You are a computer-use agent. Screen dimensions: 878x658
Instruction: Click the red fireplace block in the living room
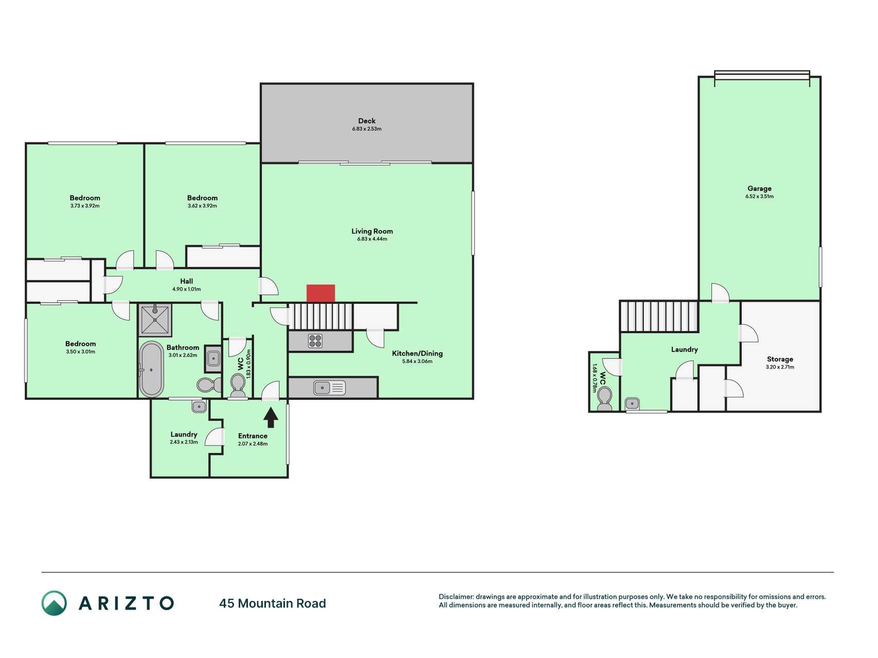tap(320, 293)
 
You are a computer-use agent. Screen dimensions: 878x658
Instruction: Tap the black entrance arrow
tap(271, 417)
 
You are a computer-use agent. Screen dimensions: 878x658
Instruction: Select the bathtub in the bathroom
tap(152, 369)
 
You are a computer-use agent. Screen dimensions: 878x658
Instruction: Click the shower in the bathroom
tap(155, 320)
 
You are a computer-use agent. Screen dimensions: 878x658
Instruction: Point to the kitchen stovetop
tap(315, 341)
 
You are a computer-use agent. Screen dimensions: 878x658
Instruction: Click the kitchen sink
tap(330, 387)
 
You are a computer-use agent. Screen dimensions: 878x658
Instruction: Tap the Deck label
tap(367, 121)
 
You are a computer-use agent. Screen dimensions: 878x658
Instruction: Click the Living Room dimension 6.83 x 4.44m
tap(372, 239)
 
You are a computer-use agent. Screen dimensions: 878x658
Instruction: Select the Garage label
tap(759, 188)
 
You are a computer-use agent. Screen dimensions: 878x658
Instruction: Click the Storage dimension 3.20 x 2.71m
tap(780, 367)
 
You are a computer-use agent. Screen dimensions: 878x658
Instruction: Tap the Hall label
tap(186, 281)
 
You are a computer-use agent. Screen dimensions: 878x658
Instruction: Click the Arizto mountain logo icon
tap(54, 603)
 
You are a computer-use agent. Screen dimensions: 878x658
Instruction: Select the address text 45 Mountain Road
tap(273, 604)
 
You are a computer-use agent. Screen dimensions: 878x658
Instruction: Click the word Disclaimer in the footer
tap(456, 597)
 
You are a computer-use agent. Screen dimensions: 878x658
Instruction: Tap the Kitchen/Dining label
tap(417, 354)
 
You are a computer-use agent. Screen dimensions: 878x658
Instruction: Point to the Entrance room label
tap(253, 436)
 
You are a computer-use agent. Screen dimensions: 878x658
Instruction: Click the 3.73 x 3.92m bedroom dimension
tap(85, 206)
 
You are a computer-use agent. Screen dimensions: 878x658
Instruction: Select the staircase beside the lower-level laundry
tap(659, 317)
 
